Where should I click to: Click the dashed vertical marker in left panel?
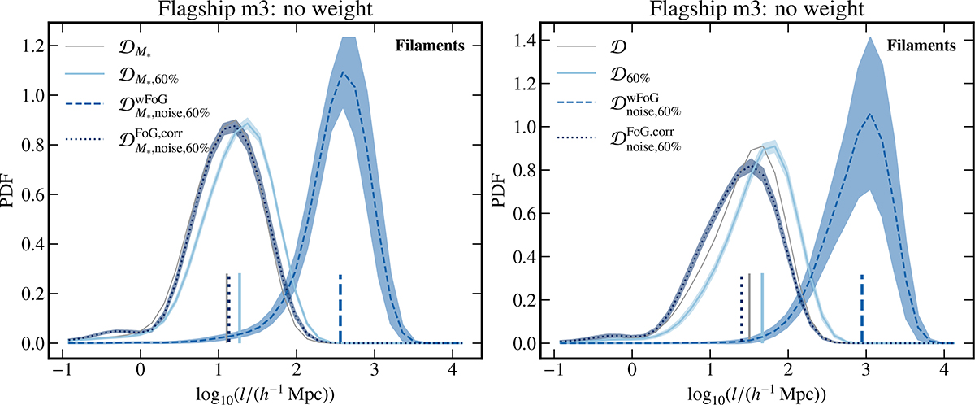[340, 309]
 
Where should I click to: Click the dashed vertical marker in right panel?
[861, 309]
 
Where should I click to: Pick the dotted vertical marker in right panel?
[742, 309]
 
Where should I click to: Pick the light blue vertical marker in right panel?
[761, 309]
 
